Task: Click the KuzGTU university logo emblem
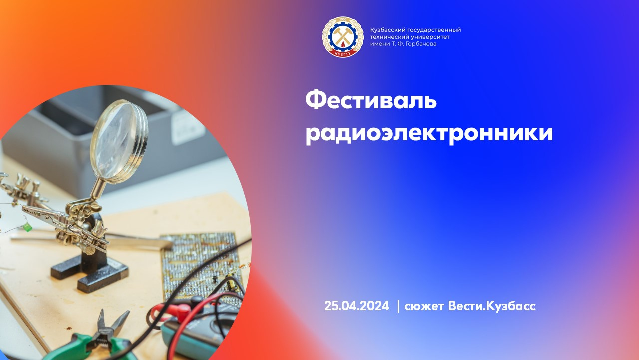pyautogui.click(x=343, y=37)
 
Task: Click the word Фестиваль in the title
pyautogui.click(x=371, y=101)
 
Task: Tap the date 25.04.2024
pyautogui.click(x=356, y=306)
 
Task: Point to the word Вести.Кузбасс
pyautogui.click(x=492, y=306)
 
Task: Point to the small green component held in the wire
pyautogui.click(x=27, y=227)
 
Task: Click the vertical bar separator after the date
pyautogui.click(x=398, y=306)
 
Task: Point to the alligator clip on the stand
pyautogui.click(x=43, y=214)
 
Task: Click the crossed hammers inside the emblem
pyautogui.click(x=343, y=36)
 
